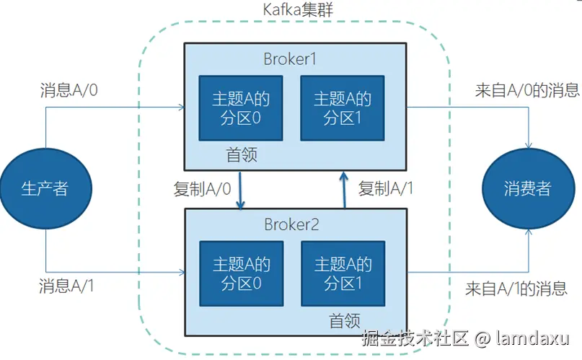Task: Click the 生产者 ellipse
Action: (45, 189)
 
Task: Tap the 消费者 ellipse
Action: (527, 189)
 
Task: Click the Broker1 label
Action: (289, 59)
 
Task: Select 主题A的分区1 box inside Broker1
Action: (343, 108)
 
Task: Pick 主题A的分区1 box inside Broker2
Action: (343, 273)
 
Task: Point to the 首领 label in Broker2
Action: (345, 320)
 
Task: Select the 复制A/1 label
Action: (387, 189)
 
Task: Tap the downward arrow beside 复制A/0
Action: (240, 189)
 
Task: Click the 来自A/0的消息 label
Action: (527, 91)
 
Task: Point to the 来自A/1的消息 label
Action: (516, 289)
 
